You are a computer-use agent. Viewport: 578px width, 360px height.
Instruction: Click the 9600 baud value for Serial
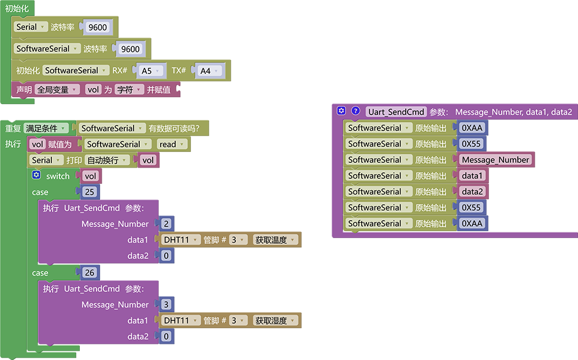[x=97, y=27]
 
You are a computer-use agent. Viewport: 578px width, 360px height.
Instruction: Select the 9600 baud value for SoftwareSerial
[x=130, y=49]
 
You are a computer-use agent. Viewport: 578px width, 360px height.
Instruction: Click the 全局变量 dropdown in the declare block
[x=57, y=90]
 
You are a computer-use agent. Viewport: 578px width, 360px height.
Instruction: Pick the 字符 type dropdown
[x=129, y=90]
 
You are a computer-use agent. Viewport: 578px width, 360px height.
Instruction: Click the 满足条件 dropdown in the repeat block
[x=46, y=128]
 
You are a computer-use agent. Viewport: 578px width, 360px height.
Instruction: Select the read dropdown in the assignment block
[x=172, y=144]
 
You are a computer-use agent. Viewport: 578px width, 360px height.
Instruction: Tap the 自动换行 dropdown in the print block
[x=108, y=160]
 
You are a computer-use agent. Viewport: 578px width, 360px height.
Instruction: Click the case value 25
[x=90, y=192]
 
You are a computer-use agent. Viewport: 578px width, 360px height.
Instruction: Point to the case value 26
[x=90, y=273]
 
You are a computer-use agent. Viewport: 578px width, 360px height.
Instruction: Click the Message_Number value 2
[x=166, y=224]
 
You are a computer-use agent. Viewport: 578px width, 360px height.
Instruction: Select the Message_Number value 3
[x=166, y=305]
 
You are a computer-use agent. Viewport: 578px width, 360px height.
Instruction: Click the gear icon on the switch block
[x=36, y=175]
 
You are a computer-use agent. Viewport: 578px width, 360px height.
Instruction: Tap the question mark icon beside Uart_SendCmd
[x=355, y=110]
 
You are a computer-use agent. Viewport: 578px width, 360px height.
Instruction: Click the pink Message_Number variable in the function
[x=495, y=159]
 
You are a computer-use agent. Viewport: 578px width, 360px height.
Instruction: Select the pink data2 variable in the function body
[x=472, y=192]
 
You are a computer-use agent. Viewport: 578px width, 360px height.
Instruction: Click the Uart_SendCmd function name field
[x=396, y=112]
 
